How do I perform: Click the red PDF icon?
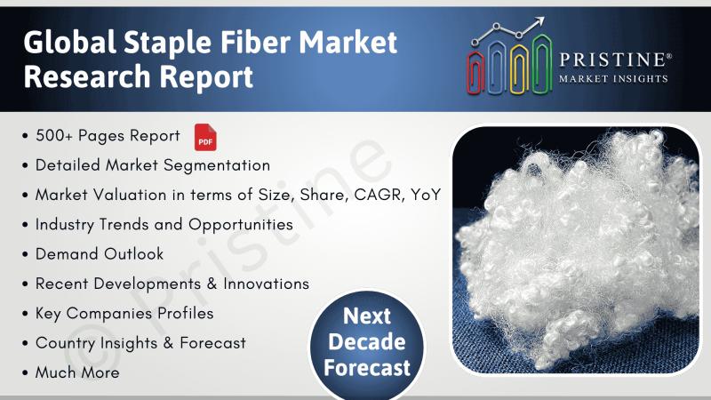[205, 138]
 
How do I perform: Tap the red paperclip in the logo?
[475, 72]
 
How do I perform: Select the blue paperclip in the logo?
[498, 68]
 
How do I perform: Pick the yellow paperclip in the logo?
[519, 69]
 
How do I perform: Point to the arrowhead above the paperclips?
[539, 21]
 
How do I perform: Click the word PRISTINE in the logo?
[612, 60]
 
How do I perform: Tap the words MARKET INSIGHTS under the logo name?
[613, 79]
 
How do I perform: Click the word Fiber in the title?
[256, 42]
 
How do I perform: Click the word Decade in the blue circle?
[367, 341]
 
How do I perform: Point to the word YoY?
[426, 195]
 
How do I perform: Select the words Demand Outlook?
[100, 254]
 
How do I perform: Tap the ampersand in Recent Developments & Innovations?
[212, 284]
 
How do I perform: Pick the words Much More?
[77, 372]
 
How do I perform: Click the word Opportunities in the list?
[240, 225]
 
